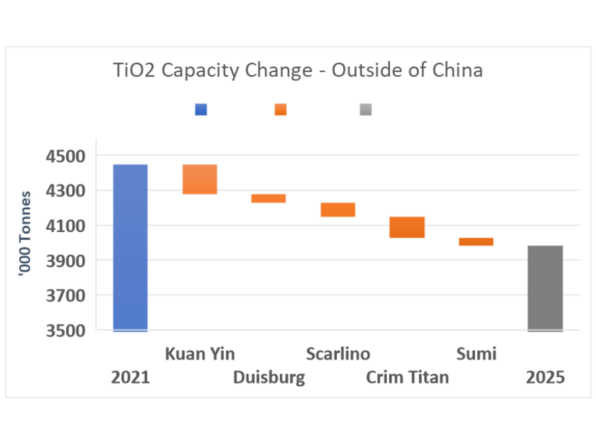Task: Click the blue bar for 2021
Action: click(x=130, y=247)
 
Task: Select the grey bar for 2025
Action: click(x=545, y=288)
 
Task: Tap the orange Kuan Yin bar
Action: click(x=200, y=179)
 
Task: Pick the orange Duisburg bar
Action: click(x=268, y=199)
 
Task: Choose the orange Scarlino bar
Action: click(x=338, y=210)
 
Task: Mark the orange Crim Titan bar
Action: click(x=407, y=227)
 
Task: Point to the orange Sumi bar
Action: click(x=476, y=242)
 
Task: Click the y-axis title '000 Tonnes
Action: click(x=24, y=234)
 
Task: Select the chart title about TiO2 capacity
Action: click(x=297, y=70)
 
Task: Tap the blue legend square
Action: click(x=201, y=109)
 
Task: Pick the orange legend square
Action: click(x=281, y=109)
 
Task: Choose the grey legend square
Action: click(x=365, y=109)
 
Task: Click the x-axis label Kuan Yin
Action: click(x=200, y=354)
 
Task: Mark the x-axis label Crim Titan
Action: click(x=408, y=378)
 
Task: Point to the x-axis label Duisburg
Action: click(x=269, y=378)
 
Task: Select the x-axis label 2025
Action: click(x=546, y=378)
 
